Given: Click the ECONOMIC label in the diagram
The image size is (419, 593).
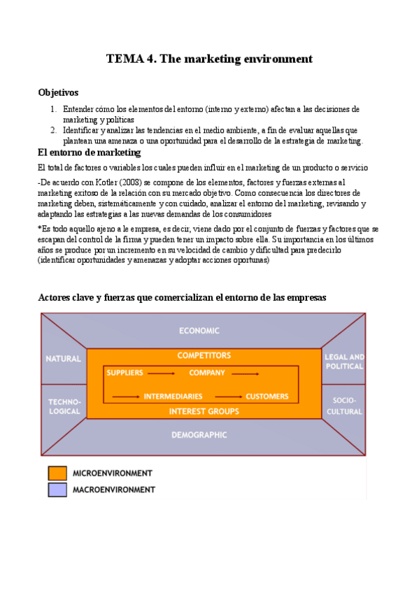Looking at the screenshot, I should tap(199, 331).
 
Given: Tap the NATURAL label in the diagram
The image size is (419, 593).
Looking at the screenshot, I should tap(64, 359).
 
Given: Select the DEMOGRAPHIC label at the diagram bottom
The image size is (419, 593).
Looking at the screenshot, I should tap(199, 434).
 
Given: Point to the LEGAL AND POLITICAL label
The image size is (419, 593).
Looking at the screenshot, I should tap(344, 362).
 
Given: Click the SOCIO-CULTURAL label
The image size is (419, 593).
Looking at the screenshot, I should tap(344, 407).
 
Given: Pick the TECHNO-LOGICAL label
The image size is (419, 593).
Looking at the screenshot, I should tap(64, 407).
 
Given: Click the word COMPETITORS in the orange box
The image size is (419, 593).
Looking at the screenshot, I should tap(204, 356).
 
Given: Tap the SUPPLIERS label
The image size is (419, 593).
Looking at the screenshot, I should tap(125, 373).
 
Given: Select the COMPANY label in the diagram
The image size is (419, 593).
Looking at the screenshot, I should tap(207, 373).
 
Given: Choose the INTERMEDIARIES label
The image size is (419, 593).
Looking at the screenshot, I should tap(173, 396).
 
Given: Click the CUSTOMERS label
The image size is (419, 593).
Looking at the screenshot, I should tap(267, 396).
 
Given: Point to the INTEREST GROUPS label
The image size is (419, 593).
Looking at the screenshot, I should tap(204, 411).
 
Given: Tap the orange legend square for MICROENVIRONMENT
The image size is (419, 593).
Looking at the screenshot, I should tap(57, 473).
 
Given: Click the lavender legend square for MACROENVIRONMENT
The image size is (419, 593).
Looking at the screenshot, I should tap(57, 490).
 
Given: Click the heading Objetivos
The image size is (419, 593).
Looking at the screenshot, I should tap(58, 92).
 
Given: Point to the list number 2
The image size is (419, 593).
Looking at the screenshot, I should tap(53, 130).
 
